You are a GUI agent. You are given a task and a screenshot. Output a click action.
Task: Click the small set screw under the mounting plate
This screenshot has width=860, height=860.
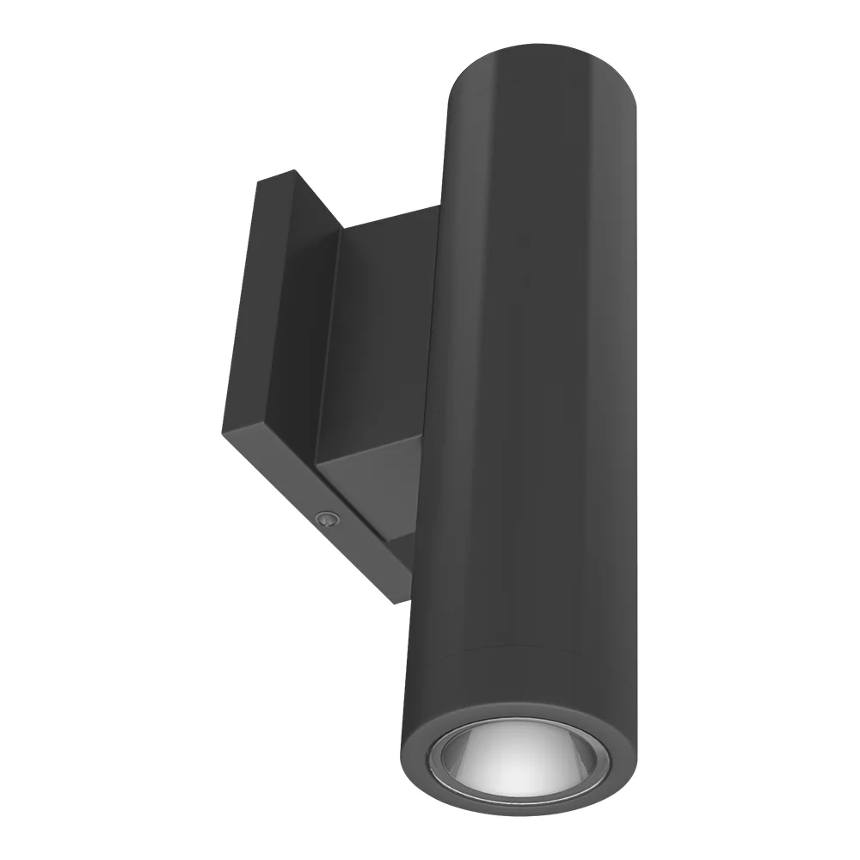pos(326,518)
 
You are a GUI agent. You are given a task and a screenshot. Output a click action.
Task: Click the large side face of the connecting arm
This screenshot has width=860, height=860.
pos(378,344)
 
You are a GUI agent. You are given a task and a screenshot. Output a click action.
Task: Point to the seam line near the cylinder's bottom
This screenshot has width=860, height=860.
pos(525,658)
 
